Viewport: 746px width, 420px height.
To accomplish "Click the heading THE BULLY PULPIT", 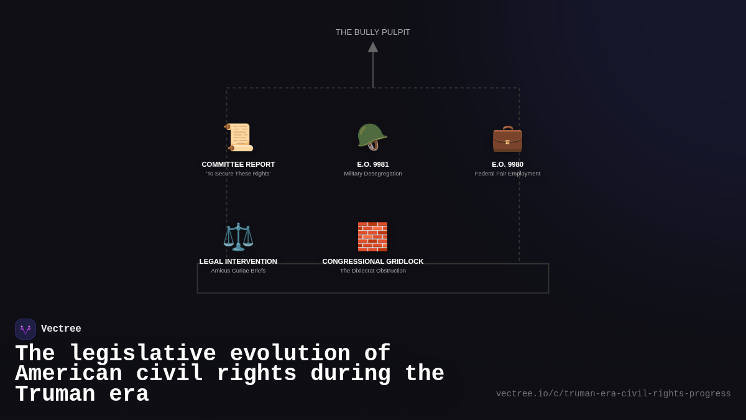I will point(373,32).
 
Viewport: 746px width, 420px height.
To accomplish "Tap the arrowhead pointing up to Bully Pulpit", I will point(373,47).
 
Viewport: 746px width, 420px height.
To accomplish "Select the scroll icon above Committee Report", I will point(239,138).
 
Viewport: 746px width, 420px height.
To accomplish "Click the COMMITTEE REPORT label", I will point(238,165).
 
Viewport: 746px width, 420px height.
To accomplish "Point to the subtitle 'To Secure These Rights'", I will point(238,174).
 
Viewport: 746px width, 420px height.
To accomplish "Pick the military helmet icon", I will point(372,137).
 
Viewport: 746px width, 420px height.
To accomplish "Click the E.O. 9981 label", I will point(373,165).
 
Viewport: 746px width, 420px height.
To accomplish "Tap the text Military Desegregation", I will point(373,174).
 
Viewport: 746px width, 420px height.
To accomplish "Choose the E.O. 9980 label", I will point(507,165).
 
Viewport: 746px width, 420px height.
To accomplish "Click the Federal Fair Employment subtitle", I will point(507,174).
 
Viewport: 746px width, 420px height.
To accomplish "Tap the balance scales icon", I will point(238,236).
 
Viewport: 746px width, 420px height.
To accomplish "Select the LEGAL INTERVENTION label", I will point(238,262).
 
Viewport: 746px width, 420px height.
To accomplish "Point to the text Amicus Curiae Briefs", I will point(238,271).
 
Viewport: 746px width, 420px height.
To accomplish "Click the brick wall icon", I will point(372,236).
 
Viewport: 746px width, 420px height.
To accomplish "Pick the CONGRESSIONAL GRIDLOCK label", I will point(373,262).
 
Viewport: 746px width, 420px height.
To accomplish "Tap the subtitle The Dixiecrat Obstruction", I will point(373,271).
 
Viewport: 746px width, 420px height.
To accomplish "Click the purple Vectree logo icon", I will point(25,329).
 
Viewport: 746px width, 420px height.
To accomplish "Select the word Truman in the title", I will point(55,395).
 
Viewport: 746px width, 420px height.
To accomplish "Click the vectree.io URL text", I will point(613,394).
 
